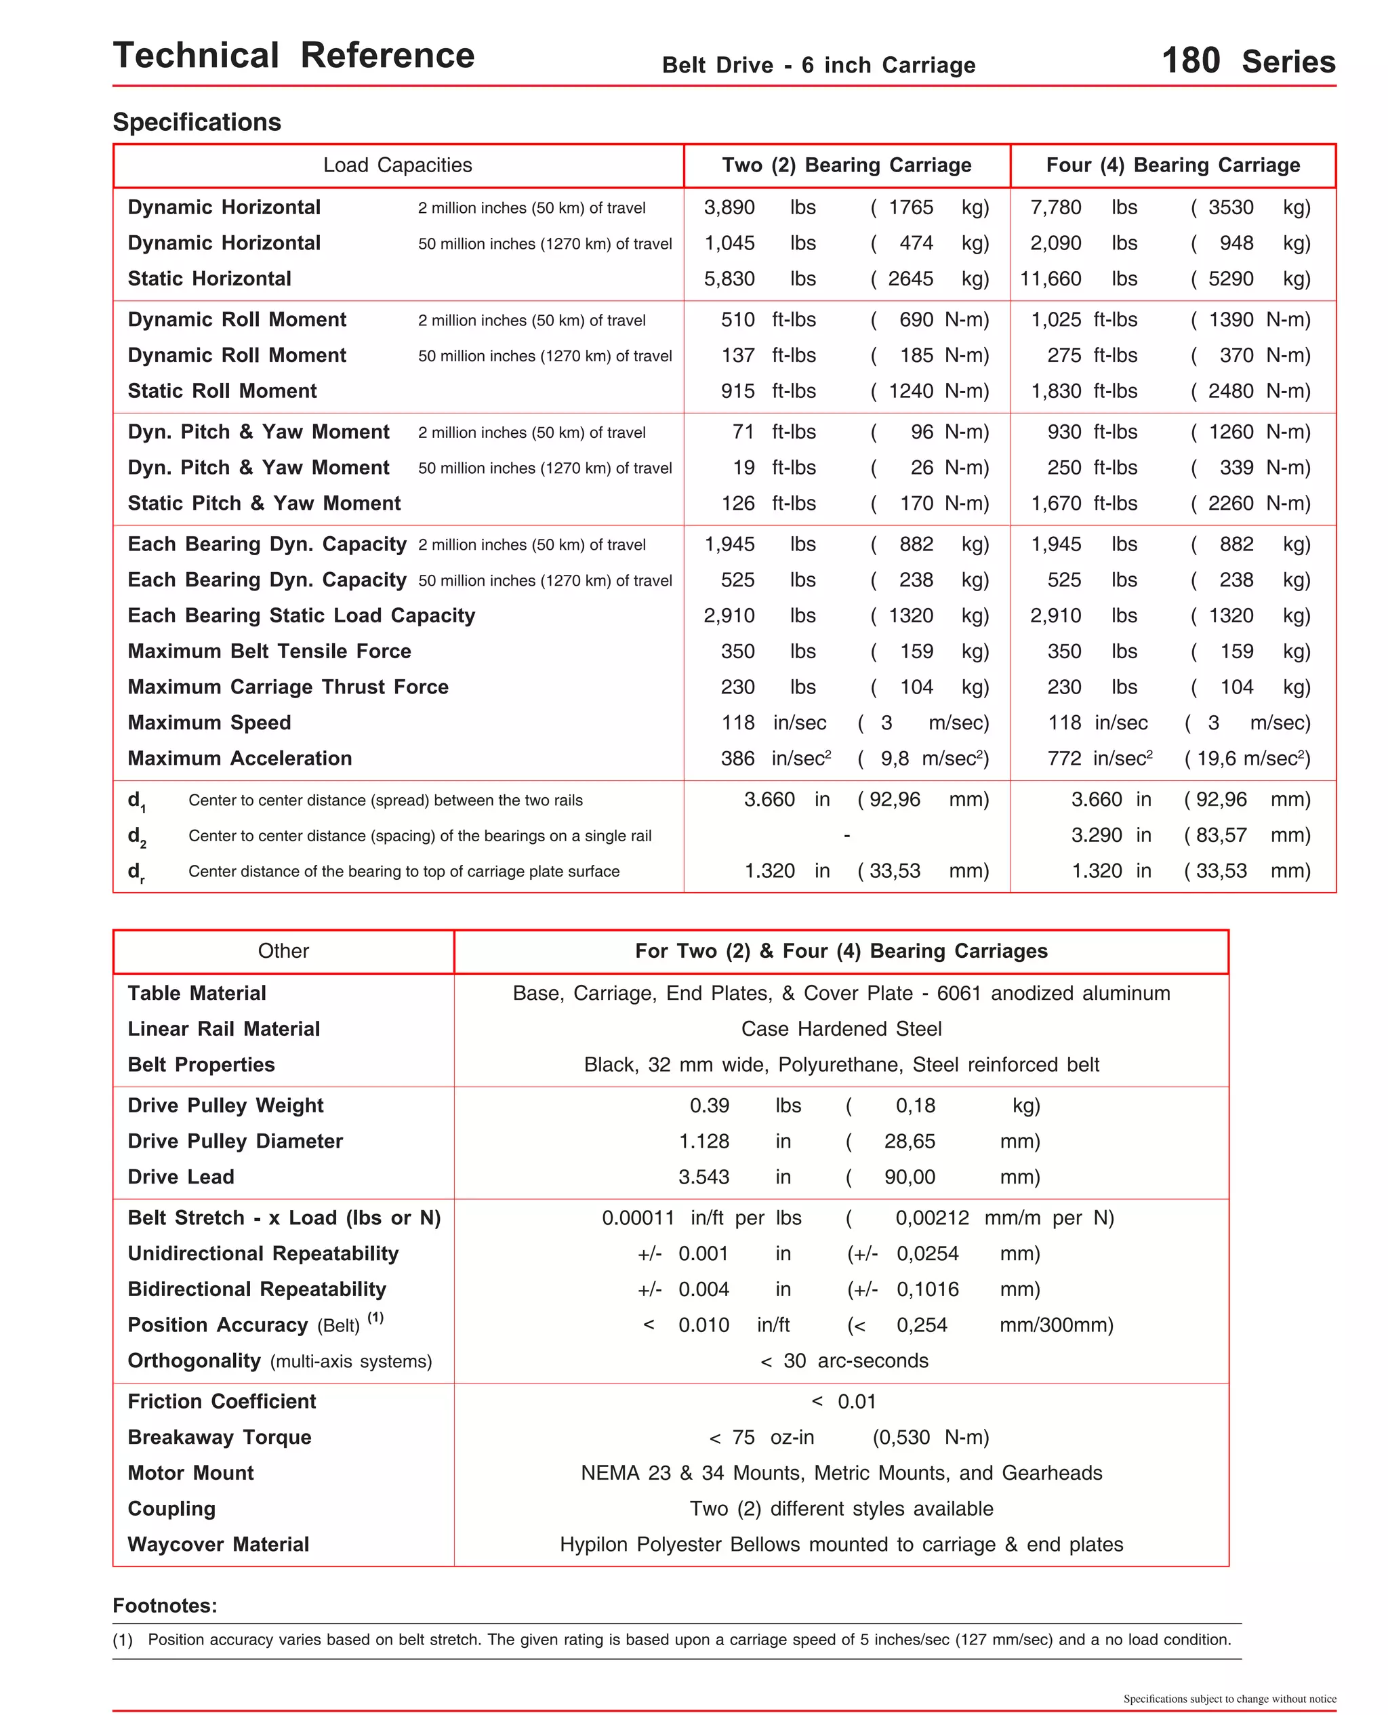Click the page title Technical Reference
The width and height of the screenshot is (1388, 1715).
[293, 56]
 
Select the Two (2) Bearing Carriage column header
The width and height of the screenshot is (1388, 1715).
[846, 165]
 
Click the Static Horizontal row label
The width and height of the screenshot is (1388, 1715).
[209, 279]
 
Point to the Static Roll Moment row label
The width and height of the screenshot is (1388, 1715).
[222, 391]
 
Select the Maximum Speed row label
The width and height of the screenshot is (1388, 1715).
[209, 723]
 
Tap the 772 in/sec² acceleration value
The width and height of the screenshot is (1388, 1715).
[1099, 759]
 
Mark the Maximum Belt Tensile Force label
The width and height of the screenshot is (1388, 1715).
[270, 651]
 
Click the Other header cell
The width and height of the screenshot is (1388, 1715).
[283, 952]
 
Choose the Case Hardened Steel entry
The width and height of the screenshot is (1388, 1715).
[841, 1029]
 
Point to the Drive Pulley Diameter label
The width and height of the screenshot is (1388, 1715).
[235, 1142]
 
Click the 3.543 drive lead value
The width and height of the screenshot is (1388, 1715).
[703, 1177]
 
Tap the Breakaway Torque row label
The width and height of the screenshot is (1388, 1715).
[219, 1438]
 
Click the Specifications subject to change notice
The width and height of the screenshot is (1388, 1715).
[1229, 1699]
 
